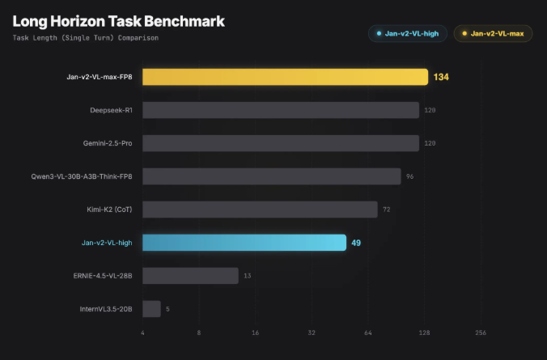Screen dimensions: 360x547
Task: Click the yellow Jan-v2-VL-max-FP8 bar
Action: coord(285,77)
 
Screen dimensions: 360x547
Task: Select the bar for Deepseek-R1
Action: coord(281,110)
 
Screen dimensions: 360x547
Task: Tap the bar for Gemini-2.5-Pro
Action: coord(281,143)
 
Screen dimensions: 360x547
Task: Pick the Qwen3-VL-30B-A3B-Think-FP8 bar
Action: coord(271,176)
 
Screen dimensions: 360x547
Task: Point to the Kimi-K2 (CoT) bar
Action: coord(260,210)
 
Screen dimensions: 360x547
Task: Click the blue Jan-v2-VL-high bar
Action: coord(244,243)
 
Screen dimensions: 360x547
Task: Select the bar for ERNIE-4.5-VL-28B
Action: coord(190,276)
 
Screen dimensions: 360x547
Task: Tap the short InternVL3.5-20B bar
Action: coord(151,309)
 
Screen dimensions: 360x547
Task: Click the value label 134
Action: coord(440,77)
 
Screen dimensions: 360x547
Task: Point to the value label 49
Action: coord(356,243)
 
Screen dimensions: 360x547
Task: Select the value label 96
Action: coord(409,176)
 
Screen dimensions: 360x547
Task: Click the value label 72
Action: coord(386,210)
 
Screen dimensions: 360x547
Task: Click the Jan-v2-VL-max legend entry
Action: coord(493,34)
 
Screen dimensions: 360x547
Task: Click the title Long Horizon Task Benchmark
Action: coord(118,21)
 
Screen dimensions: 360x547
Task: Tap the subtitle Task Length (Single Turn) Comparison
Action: coord(86,38)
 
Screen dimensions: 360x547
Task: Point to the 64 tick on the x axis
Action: coord(367,333)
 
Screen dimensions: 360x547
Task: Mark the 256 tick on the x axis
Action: coord(480,333)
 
